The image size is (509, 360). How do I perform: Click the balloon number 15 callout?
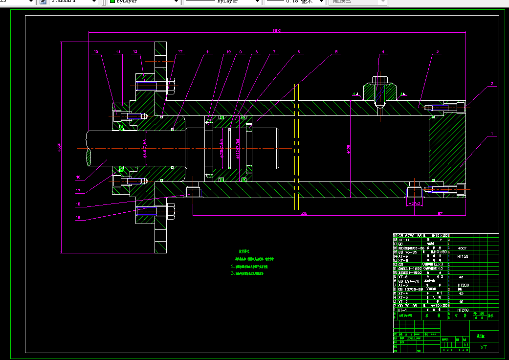(x=96, y=51)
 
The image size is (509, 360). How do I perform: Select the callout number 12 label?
(x=180, y=51)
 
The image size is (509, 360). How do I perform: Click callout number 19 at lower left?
(x=78, y=217)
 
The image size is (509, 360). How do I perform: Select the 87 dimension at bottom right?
(x=440, y=213)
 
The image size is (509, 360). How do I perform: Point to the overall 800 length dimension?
(x=277, y=30)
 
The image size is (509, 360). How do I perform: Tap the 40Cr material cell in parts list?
(x=462, y=248)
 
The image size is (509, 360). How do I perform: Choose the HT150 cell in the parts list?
(x=463, y=256)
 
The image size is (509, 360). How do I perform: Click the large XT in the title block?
(x=484, y=347)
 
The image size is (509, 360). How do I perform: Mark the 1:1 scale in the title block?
(x=466, y=345)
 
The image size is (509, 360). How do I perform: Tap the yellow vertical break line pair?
(x=296, y=147)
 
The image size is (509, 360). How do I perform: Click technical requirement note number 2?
(x=249, y=267)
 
